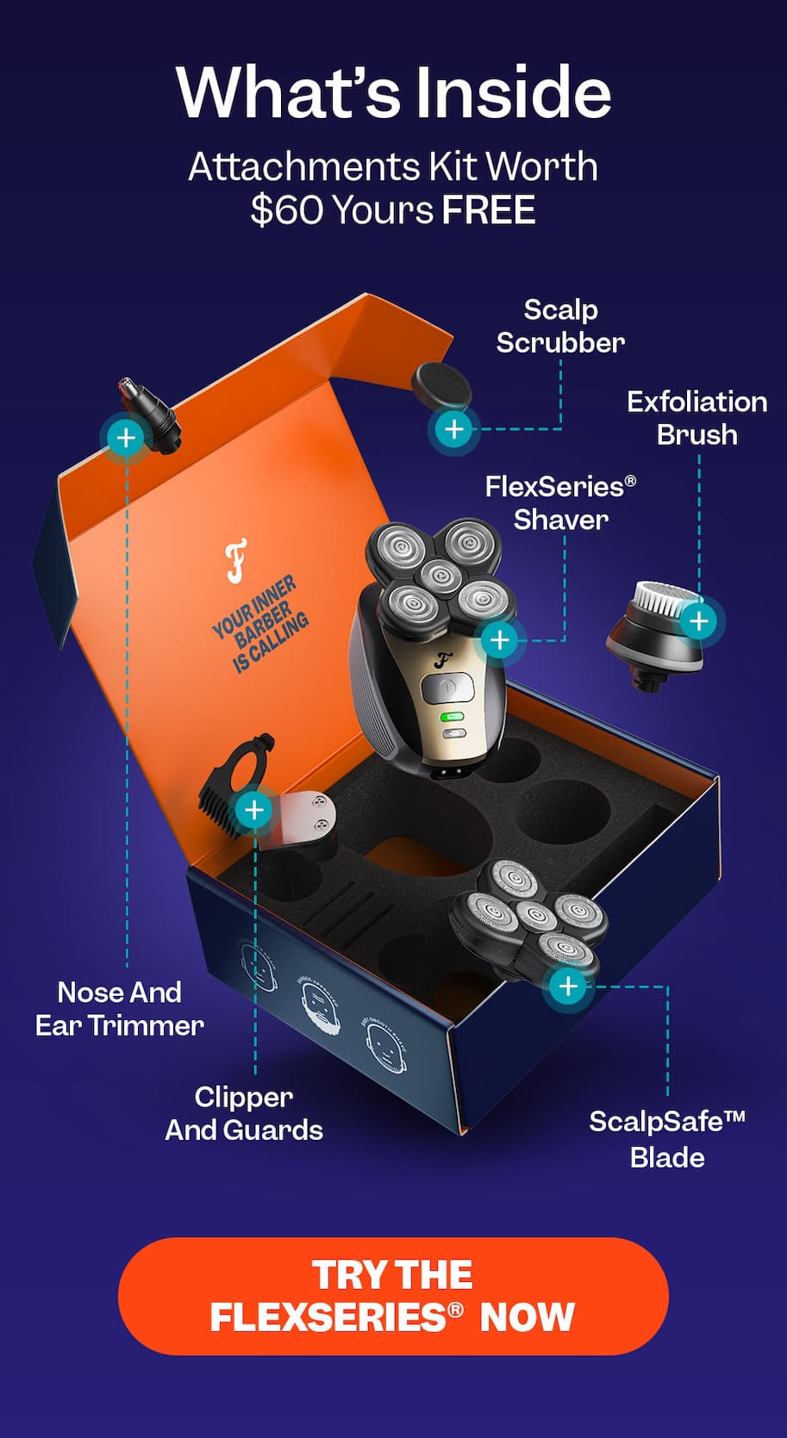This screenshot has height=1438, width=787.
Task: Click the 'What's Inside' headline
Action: point(393,92)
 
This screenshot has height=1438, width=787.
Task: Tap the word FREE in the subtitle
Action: point(489,210)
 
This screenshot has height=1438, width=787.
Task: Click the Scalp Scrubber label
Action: point(560,327)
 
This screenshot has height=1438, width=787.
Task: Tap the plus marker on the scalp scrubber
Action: point(453,429)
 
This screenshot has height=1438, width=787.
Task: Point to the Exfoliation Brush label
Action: point(696,418)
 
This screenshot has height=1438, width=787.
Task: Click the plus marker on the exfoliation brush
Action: point(699,621)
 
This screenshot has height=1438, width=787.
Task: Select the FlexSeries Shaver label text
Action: point(560,503)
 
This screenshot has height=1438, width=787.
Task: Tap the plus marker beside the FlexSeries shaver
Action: point(500,640)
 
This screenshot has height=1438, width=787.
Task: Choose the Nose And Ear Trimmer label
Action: point(120,1009)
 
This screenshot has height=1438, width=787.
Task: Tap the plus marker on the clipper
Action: point(254,810)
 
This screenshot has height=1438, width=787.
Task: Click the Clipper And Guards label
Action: point(244,1113)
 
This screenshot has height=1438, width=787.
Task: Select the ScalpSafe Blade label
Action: point(667,1139)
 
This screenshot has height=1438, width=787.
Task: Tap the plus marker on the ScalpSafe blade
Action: point(568,986)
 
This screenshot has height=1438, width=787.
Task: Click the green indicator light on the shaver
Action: point(452,716)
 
